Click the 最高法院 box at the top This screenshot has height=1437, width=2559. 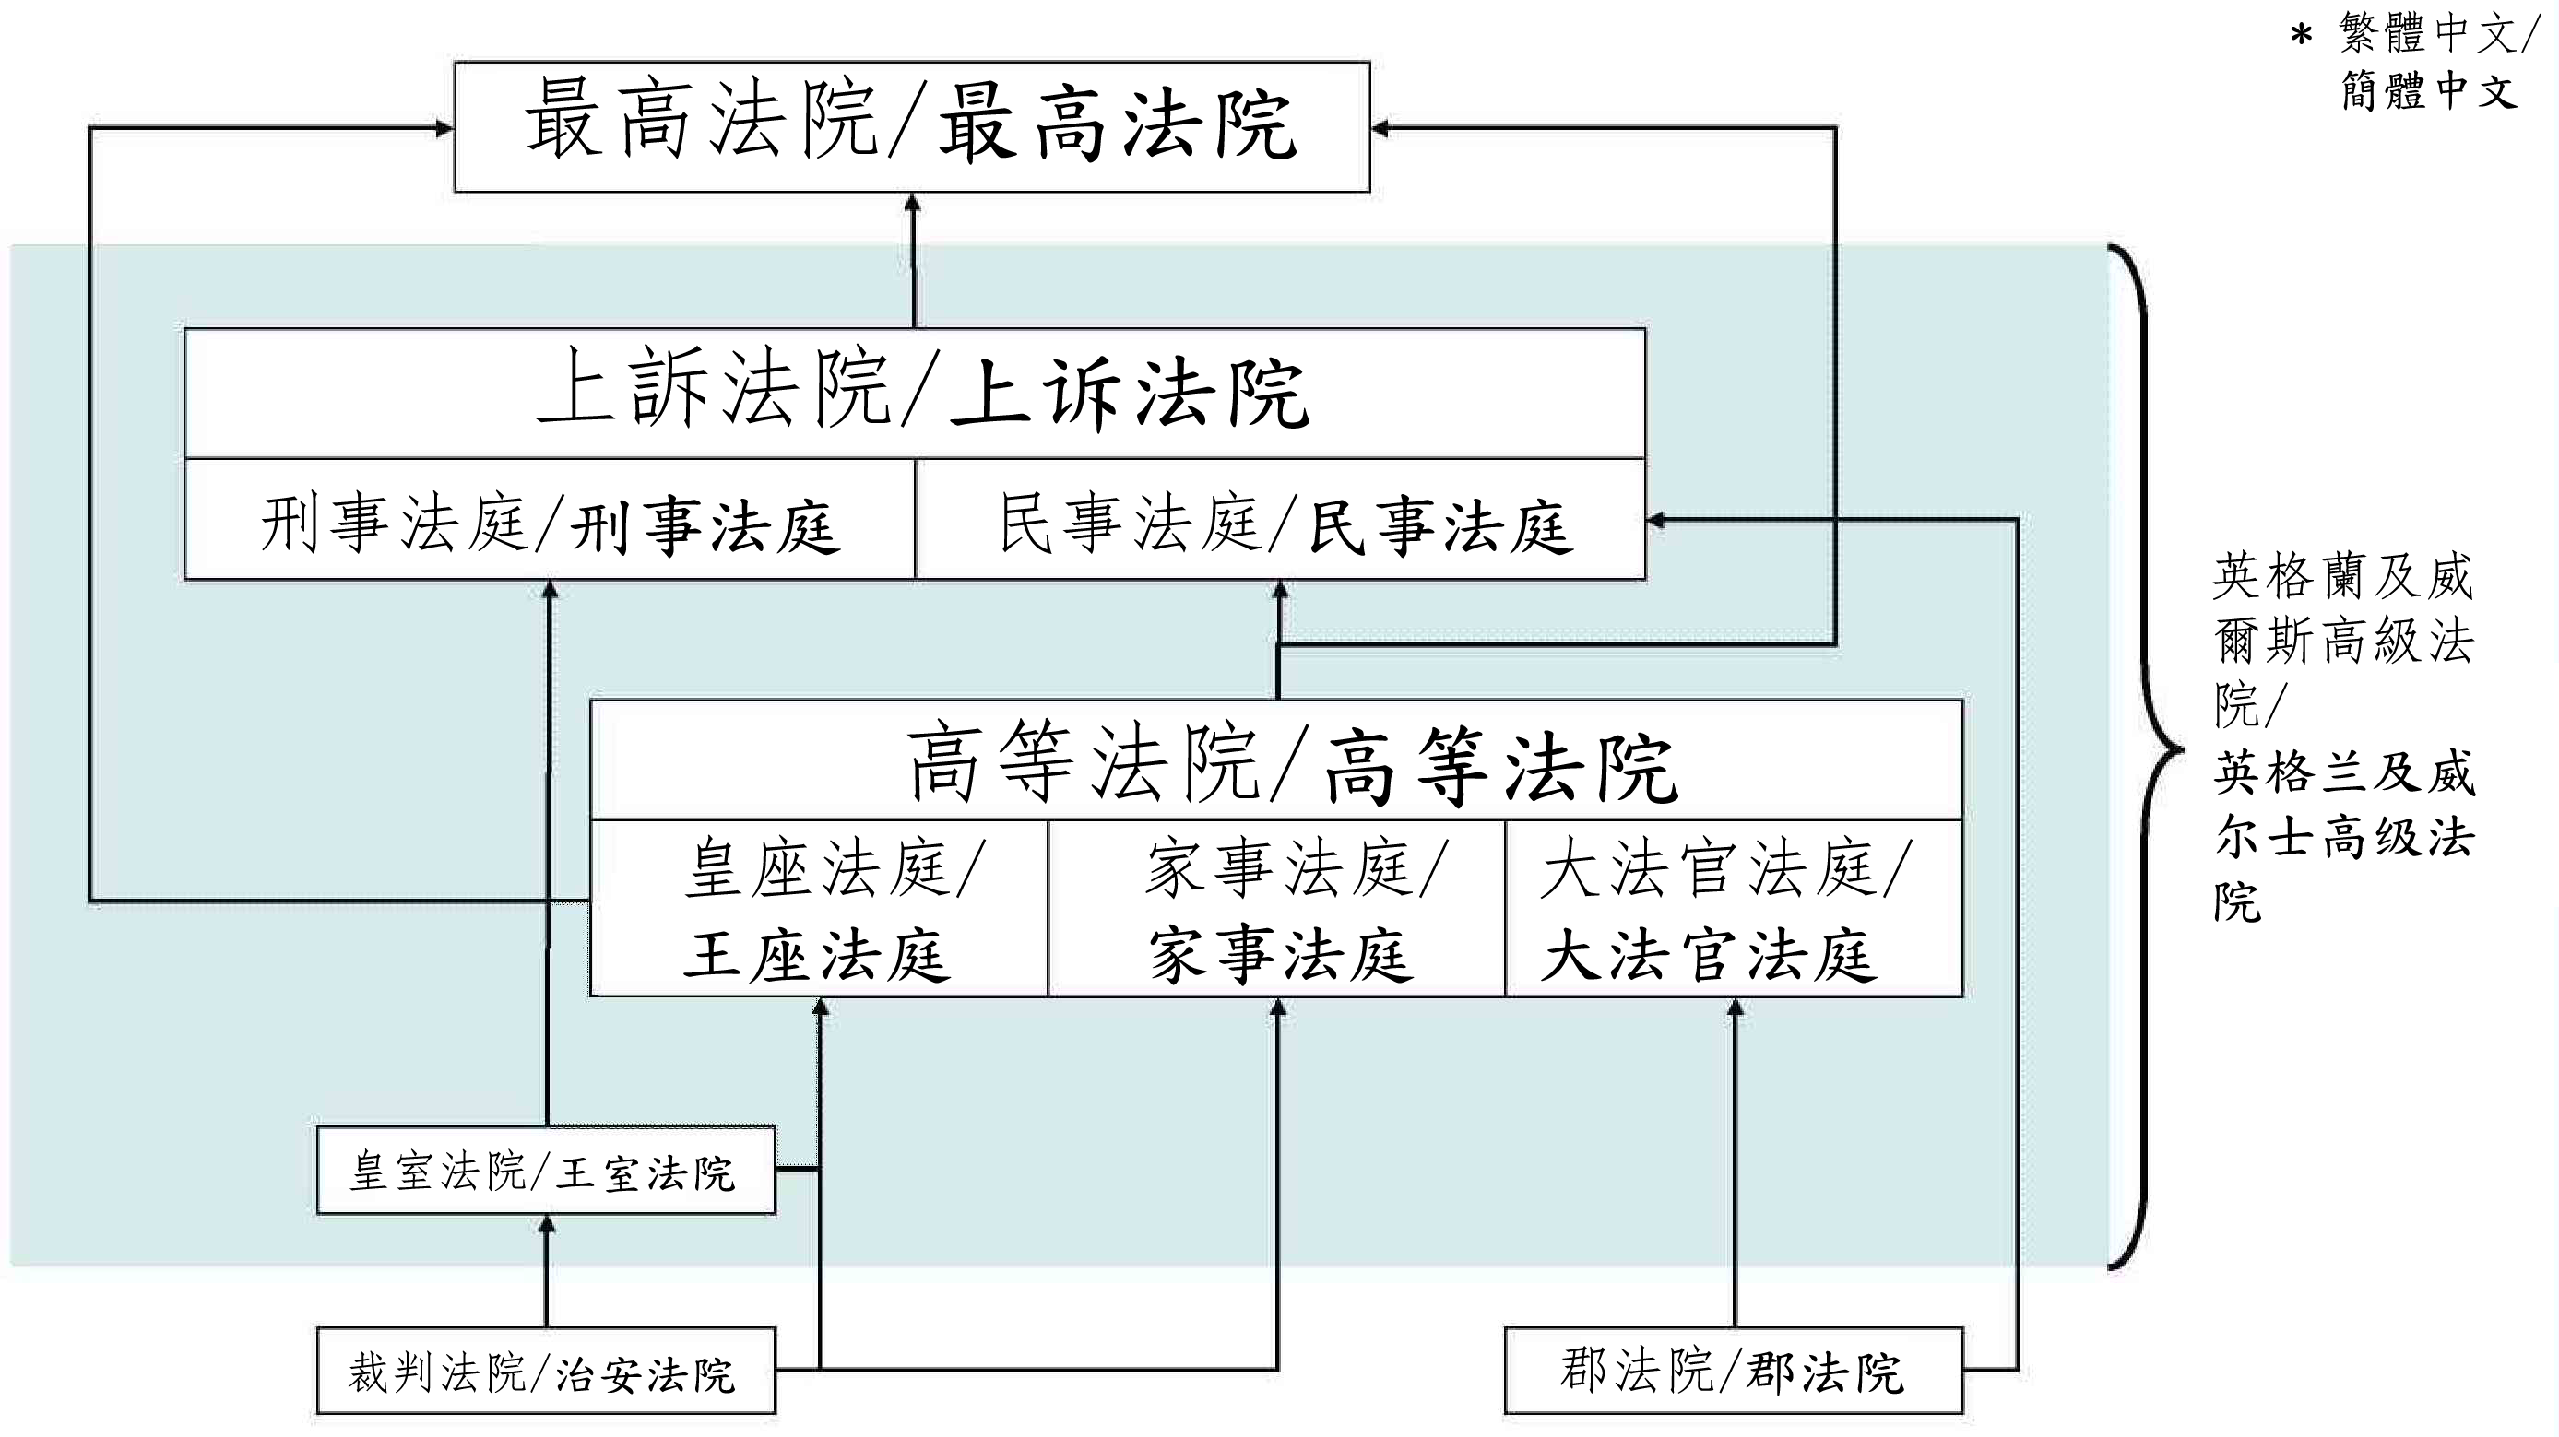912,126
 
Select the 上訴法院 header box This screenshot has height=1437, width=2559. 914,394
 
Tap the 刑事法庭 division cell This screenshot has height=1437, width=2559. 550,521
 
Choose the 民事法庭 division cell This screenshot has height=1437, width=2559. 1280,521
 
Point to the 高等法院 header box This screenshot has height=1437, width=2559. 1276,760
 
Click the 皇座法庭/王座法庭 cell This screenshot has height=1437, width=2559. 819,908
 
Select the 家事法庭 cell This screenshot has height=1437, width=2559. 1276,908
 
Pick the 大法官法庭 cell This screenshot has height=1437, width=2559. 1734,908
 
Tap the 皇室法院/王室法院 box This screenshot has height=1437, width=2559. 545,1171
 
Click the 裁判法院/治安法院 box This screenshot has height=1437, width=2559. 545,1372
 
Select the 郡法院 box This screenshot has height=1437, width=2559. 1734,1371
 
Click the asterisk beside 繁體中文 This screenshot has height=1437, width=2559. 2302,38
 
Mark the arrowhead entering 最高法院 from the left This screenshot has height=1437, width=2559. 444,128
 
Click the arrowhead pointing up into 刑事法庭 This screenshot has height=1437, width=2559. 550,590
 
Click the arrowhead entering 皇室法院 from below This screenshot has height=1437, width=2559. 545,1224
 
